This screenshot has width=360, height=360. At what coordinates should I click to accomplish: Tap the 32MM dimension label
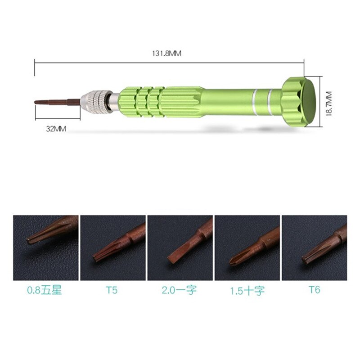(x=56, y=129)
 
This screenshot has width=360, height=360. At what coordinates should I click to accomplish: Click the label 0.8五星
(x=45, y=290)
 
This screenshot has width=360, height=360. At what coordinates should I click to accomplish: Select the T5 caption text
(x=112, y=290)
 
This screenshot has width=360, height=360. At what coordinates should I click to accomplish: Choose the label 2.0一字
(x=179, y=290)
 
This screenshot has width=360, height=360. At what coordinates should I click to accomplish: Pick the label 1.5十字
(x=247, y=291)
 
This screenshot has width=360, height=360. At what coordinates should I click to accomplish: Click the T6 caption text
(x=314, y=290)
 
